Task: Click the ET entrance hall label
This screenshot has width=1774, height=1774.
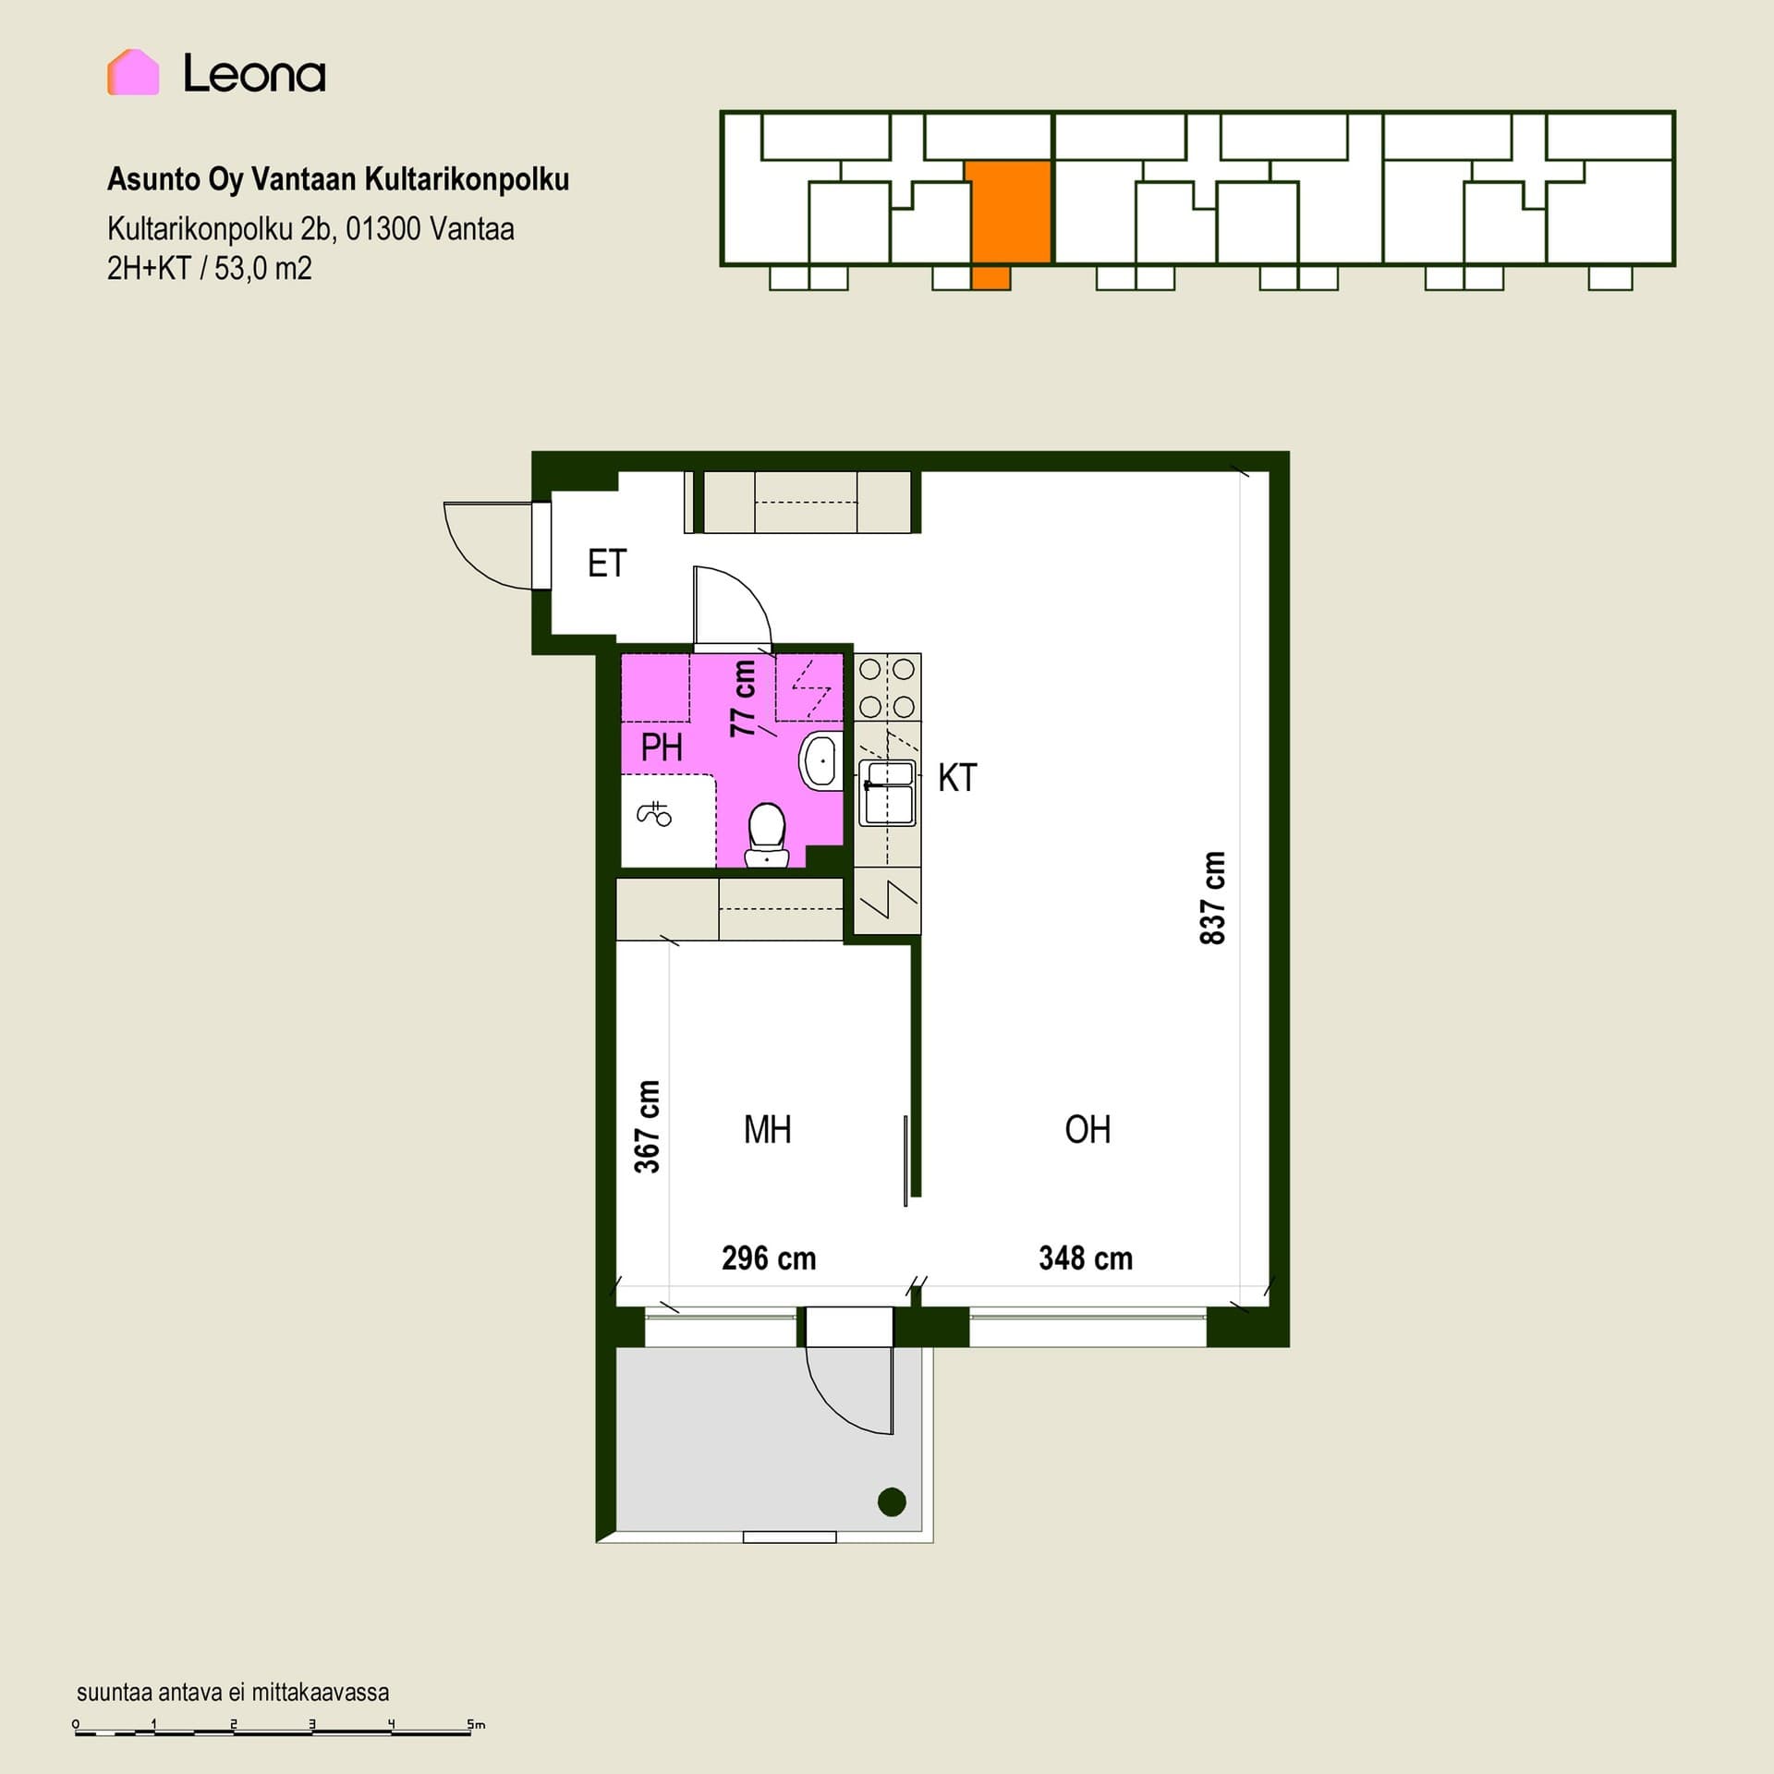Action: pyautogui.click(x=607, y=564)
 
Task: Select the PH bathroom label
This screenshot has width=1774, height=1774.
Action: pyautogui.click(x=662, y=747)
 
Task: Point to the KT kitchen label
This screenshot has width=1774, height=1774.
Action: pyautogui.click(x=957, y=778)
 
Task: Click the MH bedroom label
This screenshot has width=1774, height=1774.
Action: pyautogui.click(x=768, y=1129)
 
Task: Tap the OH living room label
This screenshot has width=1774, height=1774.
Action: pyautogui.click(x=1087, y=1129)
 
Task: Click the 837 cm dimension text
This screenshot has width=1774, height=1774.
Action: pyautogui.click(x=1212, y=898)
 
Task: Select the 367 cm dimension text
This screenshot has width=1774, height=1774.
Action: pyautogui.click(x=647, y=1126)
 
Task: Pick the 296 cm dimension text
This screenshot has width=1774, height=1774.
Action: pyautogui.click(x=769, y=1258)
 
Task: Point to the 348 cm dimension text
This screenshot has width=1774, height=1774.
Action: pyautogui.click(x=1086, y=1258)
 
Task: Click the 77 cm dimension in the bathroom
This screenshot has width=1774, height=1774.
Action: pyautogui.click(x=743, y=698)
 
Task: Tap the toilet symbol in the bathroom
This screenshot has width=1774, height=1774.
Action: pyautogui.click(x=766, y=835)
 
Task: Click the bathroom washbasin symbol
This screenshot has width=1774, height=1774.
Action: pyautogui.click(x=820, y=759)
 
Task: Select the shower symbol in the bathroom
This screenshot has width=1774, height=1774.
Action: pyautogui.click(x=654, y=813)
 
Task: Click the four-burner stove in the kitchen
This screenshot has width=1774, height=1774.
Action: pyautogui.click(x=887, y=687)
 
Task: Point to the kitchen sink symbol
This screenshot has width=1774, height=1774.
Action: pyautogui.click(x=887, y=793)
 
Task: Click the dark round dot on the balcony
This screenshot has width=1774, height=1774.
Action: pyautogui.click(x=892, y=1501)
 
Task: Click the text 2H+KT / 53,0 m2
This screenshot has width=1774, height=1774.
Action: pyautogui.click(x=210, y=269)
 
